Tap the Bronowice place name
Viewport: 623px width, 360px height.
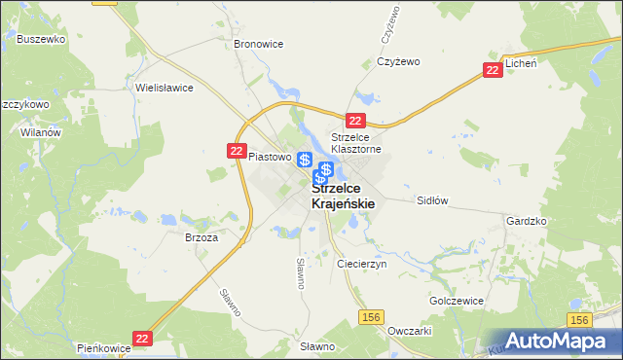(x=258, y=44)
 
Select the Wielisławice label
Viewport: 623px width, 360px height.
(x=165, y=87)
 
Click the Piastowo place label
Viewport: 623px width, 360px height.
(x=270, y=156)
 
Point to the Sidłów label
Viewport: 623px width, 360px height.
(x=431, y=200)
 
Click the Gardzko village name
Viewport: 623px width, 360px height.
(x=527, y=221)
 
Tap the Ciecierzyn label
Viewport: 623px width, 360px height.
(x=361, y=264)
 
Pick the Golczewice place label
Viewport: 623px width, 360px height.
(x=457, y=301)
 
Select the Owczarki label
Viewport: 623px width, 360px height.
(x=409, y=330)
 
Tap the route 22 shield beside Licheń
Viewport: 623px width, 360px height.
(x=494, y=70)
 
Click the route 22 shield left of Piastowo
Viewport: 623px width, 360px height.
(x=237, y=151)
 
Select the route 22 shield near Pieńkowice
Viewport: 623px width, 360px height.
(x=143, y=338)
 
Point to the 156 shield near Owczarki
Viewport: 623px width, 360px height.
(x=370, y=318)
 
